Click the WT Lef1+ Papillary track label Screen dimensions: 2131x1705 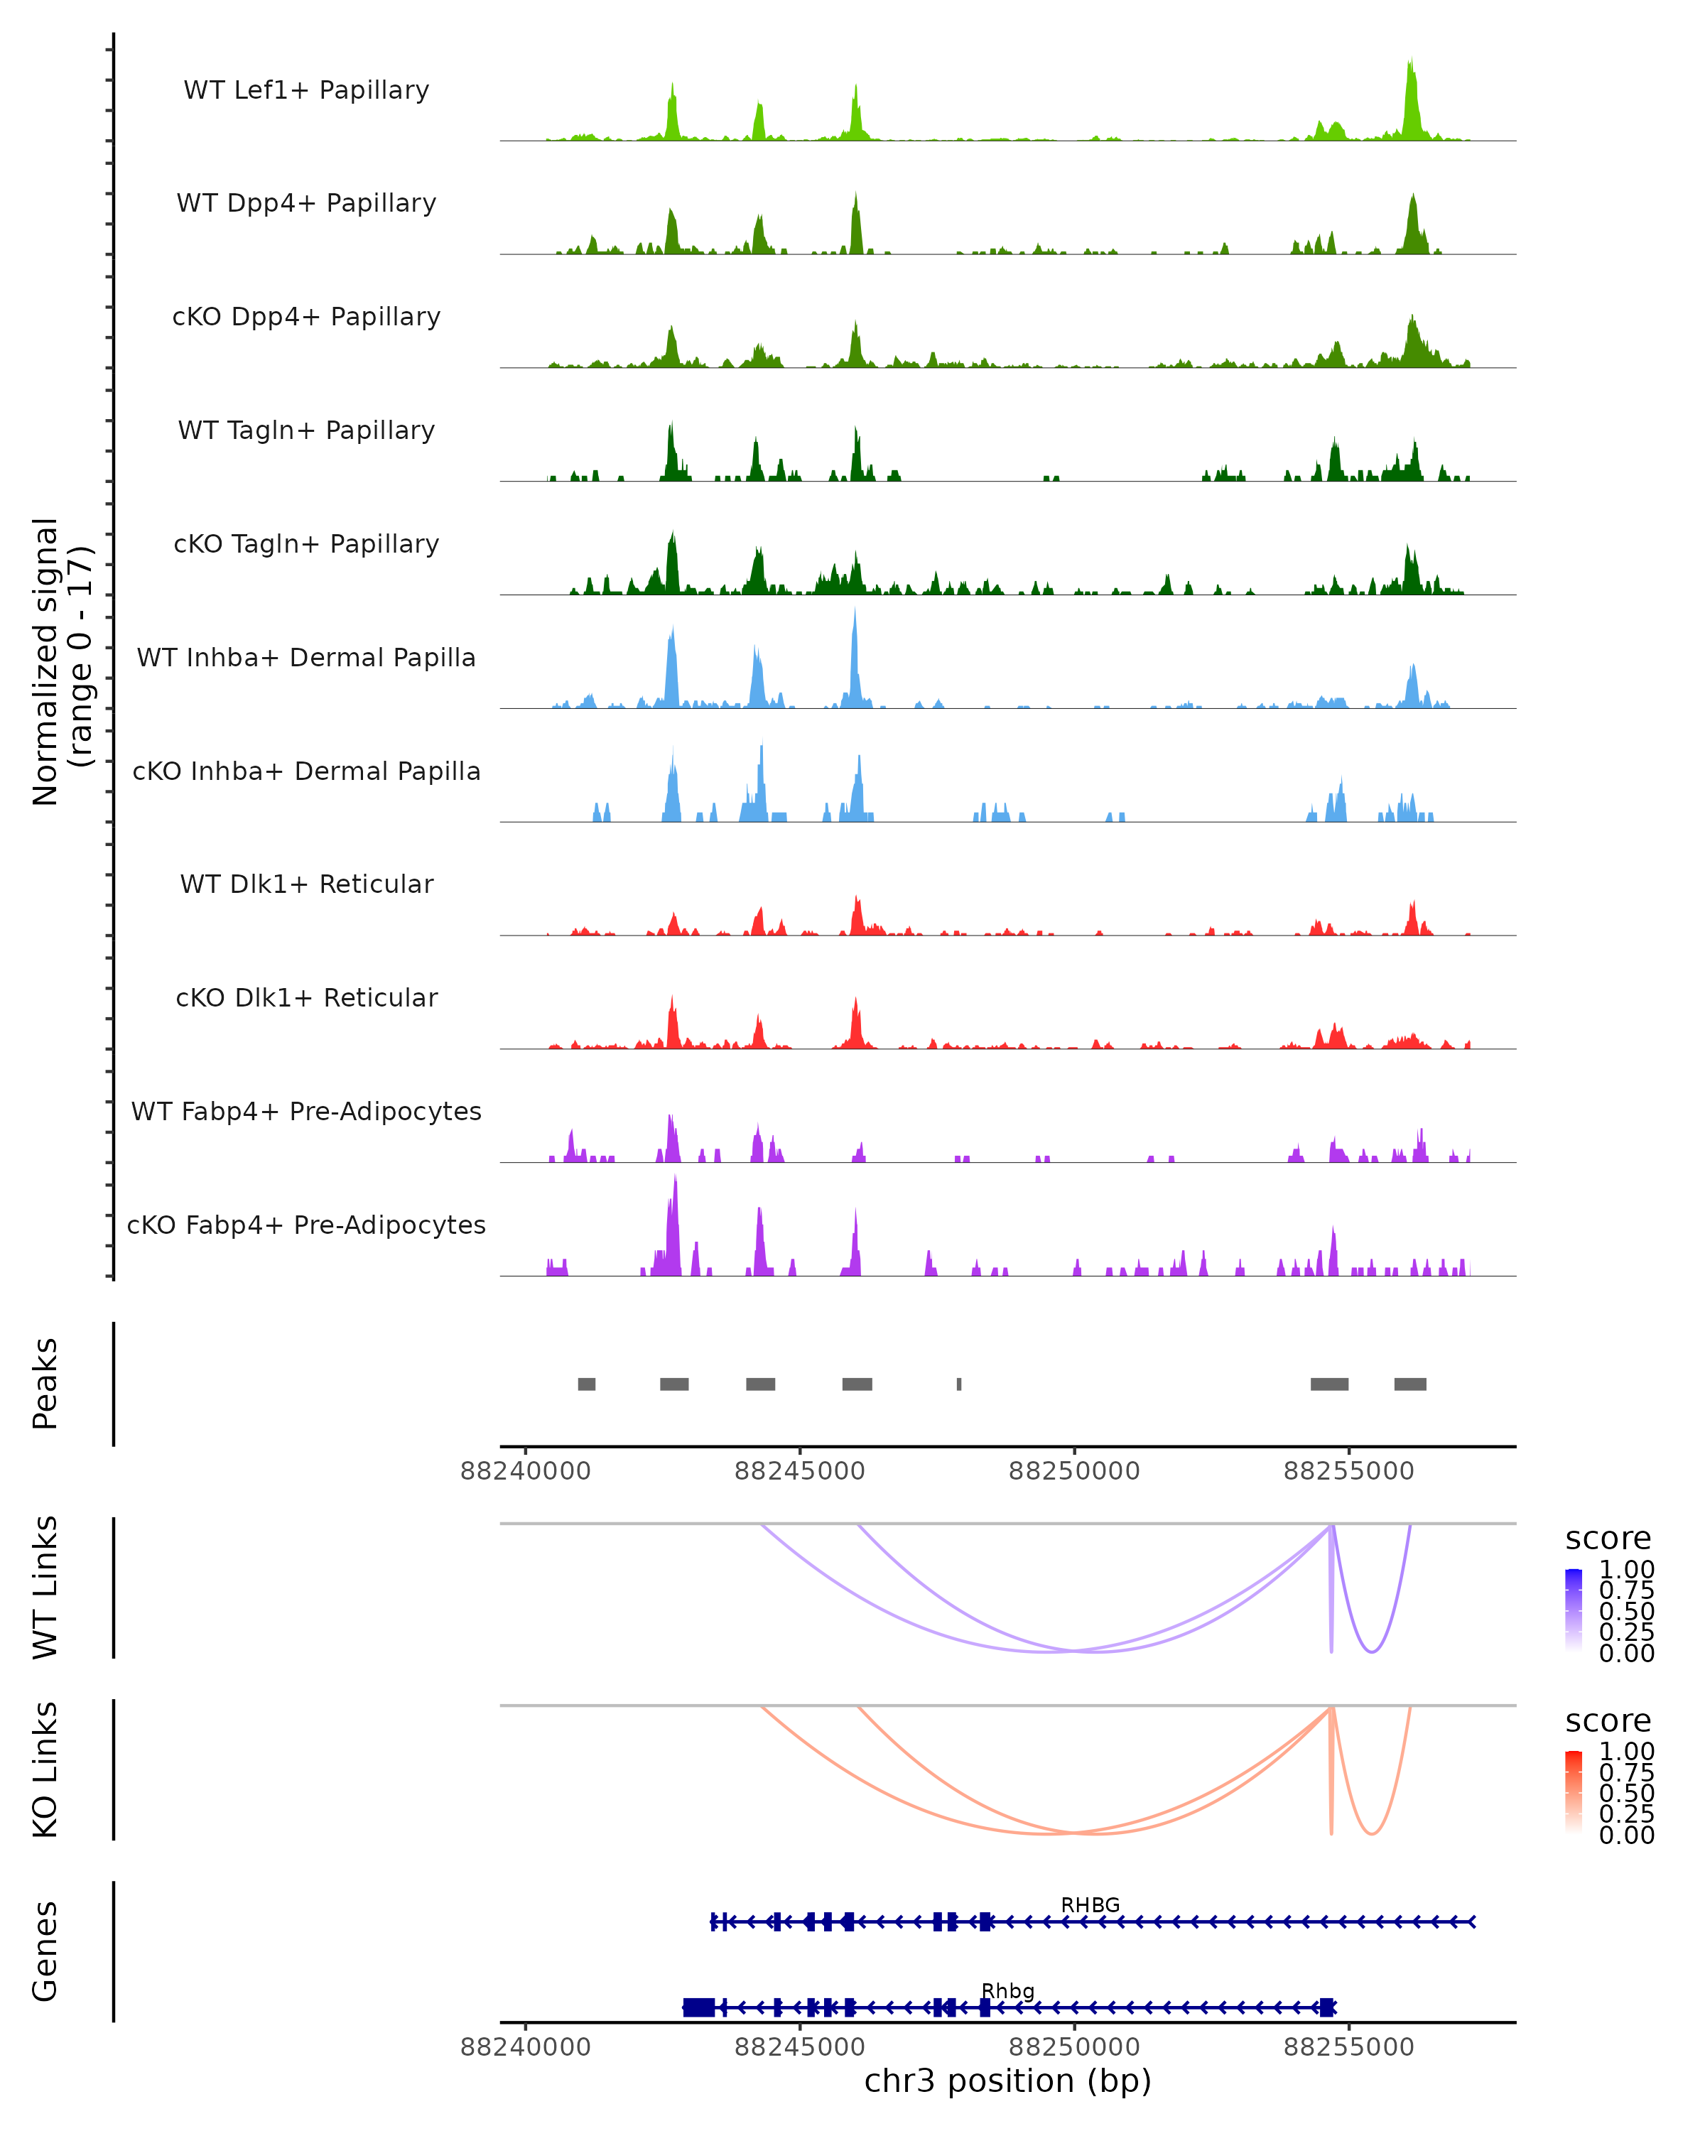[x=306, y=90]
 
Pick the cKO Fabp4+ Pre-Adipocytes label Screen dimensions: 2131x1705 [x=306, y=1225]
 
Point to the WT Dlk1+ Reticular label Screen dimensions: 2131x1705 [x=306, y=884]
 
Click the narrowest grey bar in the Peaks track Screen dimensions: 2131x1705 [x=959, y=1384]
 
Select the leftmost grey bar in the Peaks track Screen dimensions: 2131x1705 [x=586, y=1384]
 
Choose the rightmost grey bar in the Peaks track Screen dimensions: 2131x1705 [x=1409, y=1384]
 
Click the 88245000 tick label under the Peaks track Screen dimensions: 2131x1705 [x=800, y=1471]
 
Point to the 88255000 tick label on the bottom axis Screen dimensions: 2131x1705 [x=1348, y=2047]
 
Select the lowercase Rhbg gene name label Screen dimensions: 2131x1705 [x=1007, y=1990]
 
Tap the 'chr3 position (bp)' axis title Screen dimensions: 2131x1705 [x=1007, y=2081]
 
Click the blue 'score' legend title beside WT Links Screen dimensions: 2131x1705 [x=1608, y=1539]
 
